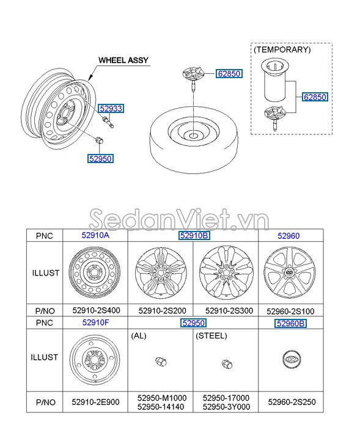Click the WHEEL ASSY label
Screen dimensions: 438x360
tap(123, 60)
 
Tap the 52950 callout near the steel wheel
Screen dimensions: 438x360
tap(100, 158)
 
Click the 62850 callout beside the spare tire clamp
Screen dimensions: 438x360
tap(229, 74)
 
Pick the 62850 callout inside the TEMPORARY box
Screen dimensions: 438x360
tap(315, 97)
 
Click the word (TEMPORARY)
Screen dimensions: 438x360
tap(282, 49)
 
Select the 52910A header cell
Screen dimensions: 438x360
tap(95, 235)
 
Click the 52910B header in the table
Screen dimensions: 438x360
tap(194, 235)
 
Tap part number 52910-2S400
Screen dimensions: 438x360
tap(95, 310)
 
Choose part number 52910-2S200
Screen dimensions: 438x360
tap(161, 310)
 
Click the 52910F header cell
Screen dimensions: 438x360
tap(95, 323)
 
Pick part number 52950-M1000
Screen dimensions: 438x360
tap(162, 398)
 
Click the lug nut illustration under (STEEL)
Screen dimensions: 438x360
tap(226, 365)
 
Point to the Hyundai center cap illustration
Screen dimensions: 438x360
tap(290, 360)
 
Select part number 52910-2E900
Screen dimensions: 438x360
tap(95, 402)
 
